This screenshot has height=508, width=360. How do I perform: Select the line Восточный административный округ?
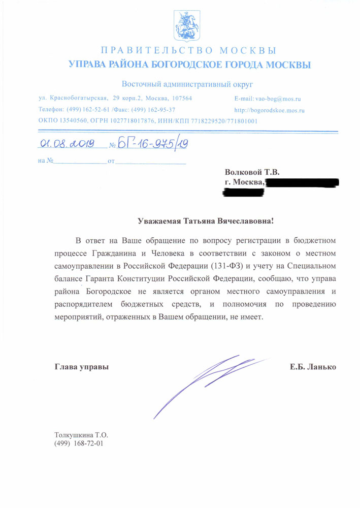coord(187,84)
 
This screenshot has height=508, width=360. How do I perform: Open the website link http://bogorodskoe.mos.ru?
coord(269,110)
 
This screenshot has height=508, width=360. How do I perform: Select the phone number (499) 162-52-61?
coord(84,110)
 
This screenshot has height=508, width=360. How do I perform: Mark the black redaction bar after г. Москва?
coord(302,181)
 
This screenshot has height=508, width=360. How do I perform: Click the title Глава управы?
coord(81,366)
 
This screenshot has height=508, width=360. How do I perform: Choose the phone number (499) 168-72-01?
coord(79,443)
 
